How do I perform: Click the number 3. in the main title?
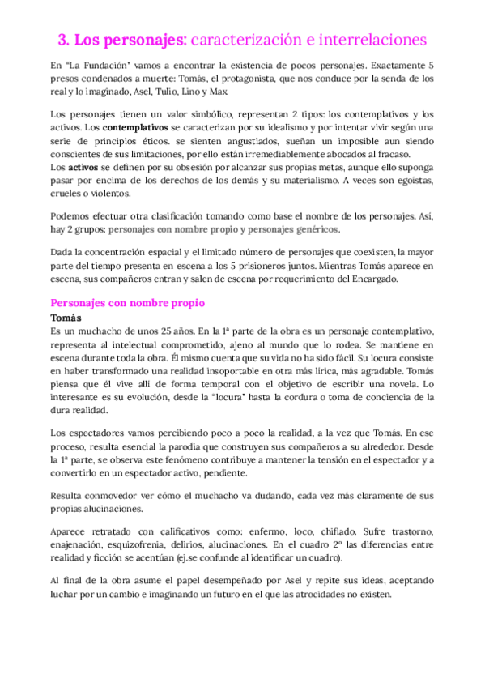click(66, 40)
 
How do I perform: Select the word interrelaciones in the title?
click(374, 40)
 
